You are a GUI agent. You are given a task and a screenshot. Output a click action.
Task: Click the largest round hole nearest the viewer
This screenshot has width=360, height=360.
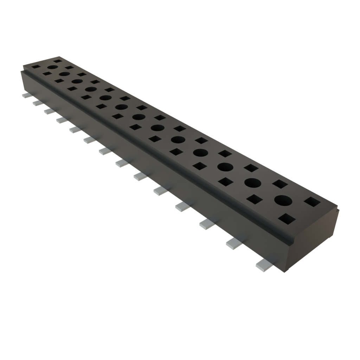[x=283, y=200]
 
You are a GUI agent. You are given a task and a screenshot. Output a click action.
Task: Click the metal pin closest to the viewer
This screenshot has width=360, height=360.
[x=264, y=265]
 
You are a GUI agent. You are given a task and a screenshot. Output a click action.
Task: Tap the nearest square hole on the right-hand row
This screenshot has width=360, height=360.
[x=312, y=202]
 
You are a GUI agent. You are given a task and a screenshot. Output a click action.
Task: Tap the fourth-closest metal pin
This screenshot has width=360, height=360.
[x=182, y=206]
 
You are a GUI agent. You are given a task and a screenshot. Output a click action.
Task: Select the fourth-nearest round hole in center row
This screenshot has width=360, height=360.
[x=200, y=153]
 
